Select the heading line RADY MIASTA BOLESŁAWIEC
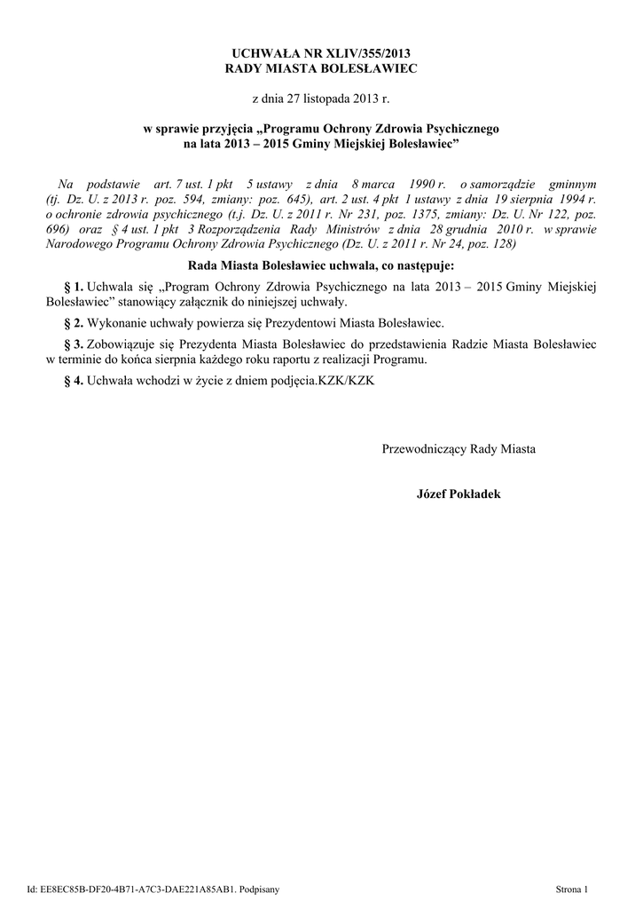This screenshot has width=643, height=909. point(321,67)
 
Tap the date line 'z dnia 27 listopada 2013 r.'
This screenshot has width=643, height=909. point(321,97)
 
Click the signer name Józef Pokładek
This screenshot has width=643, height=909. point(458,494)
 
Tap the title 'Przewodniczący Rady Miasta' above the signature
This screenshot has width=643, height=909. point(458,449)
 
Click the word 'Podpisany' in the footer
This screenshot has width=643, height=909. point(260,889)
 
